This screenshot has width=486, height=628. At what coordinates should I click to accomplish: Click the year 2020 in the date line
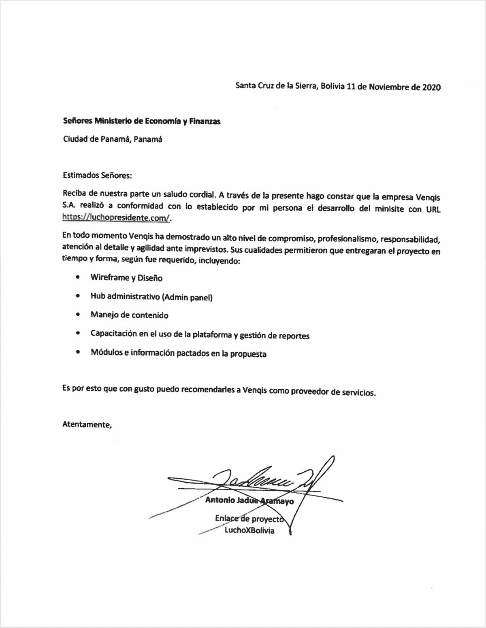pyautogui.click(x=431, y=87)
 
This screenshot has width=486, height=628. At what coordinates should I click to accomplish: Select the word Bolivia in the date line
pyautogui.click(x=333, y=86)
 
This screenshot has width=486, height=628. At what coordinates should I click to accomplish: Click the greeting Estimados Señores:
pyautogui.click(x=98, y=176)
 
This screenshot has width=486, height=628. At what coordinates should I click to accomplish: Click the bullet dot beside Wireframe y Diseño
pyautogui.click(x=77, y=277)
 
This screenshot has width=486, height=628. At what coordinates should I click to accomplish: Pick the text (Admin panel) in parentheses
pyautogui.click(x=187, y=297)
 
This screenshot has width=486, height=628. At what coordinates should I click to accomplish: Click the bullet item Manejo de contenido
pyautogui.click(x=129, y=315)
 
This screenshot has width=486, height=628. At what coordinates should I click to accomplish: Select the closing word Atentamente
pyautogui.click(x=86, y=424)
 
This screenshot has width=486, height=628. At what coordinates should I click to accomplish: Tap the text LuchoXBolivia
pyautogui.click(x=249, y=530)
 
